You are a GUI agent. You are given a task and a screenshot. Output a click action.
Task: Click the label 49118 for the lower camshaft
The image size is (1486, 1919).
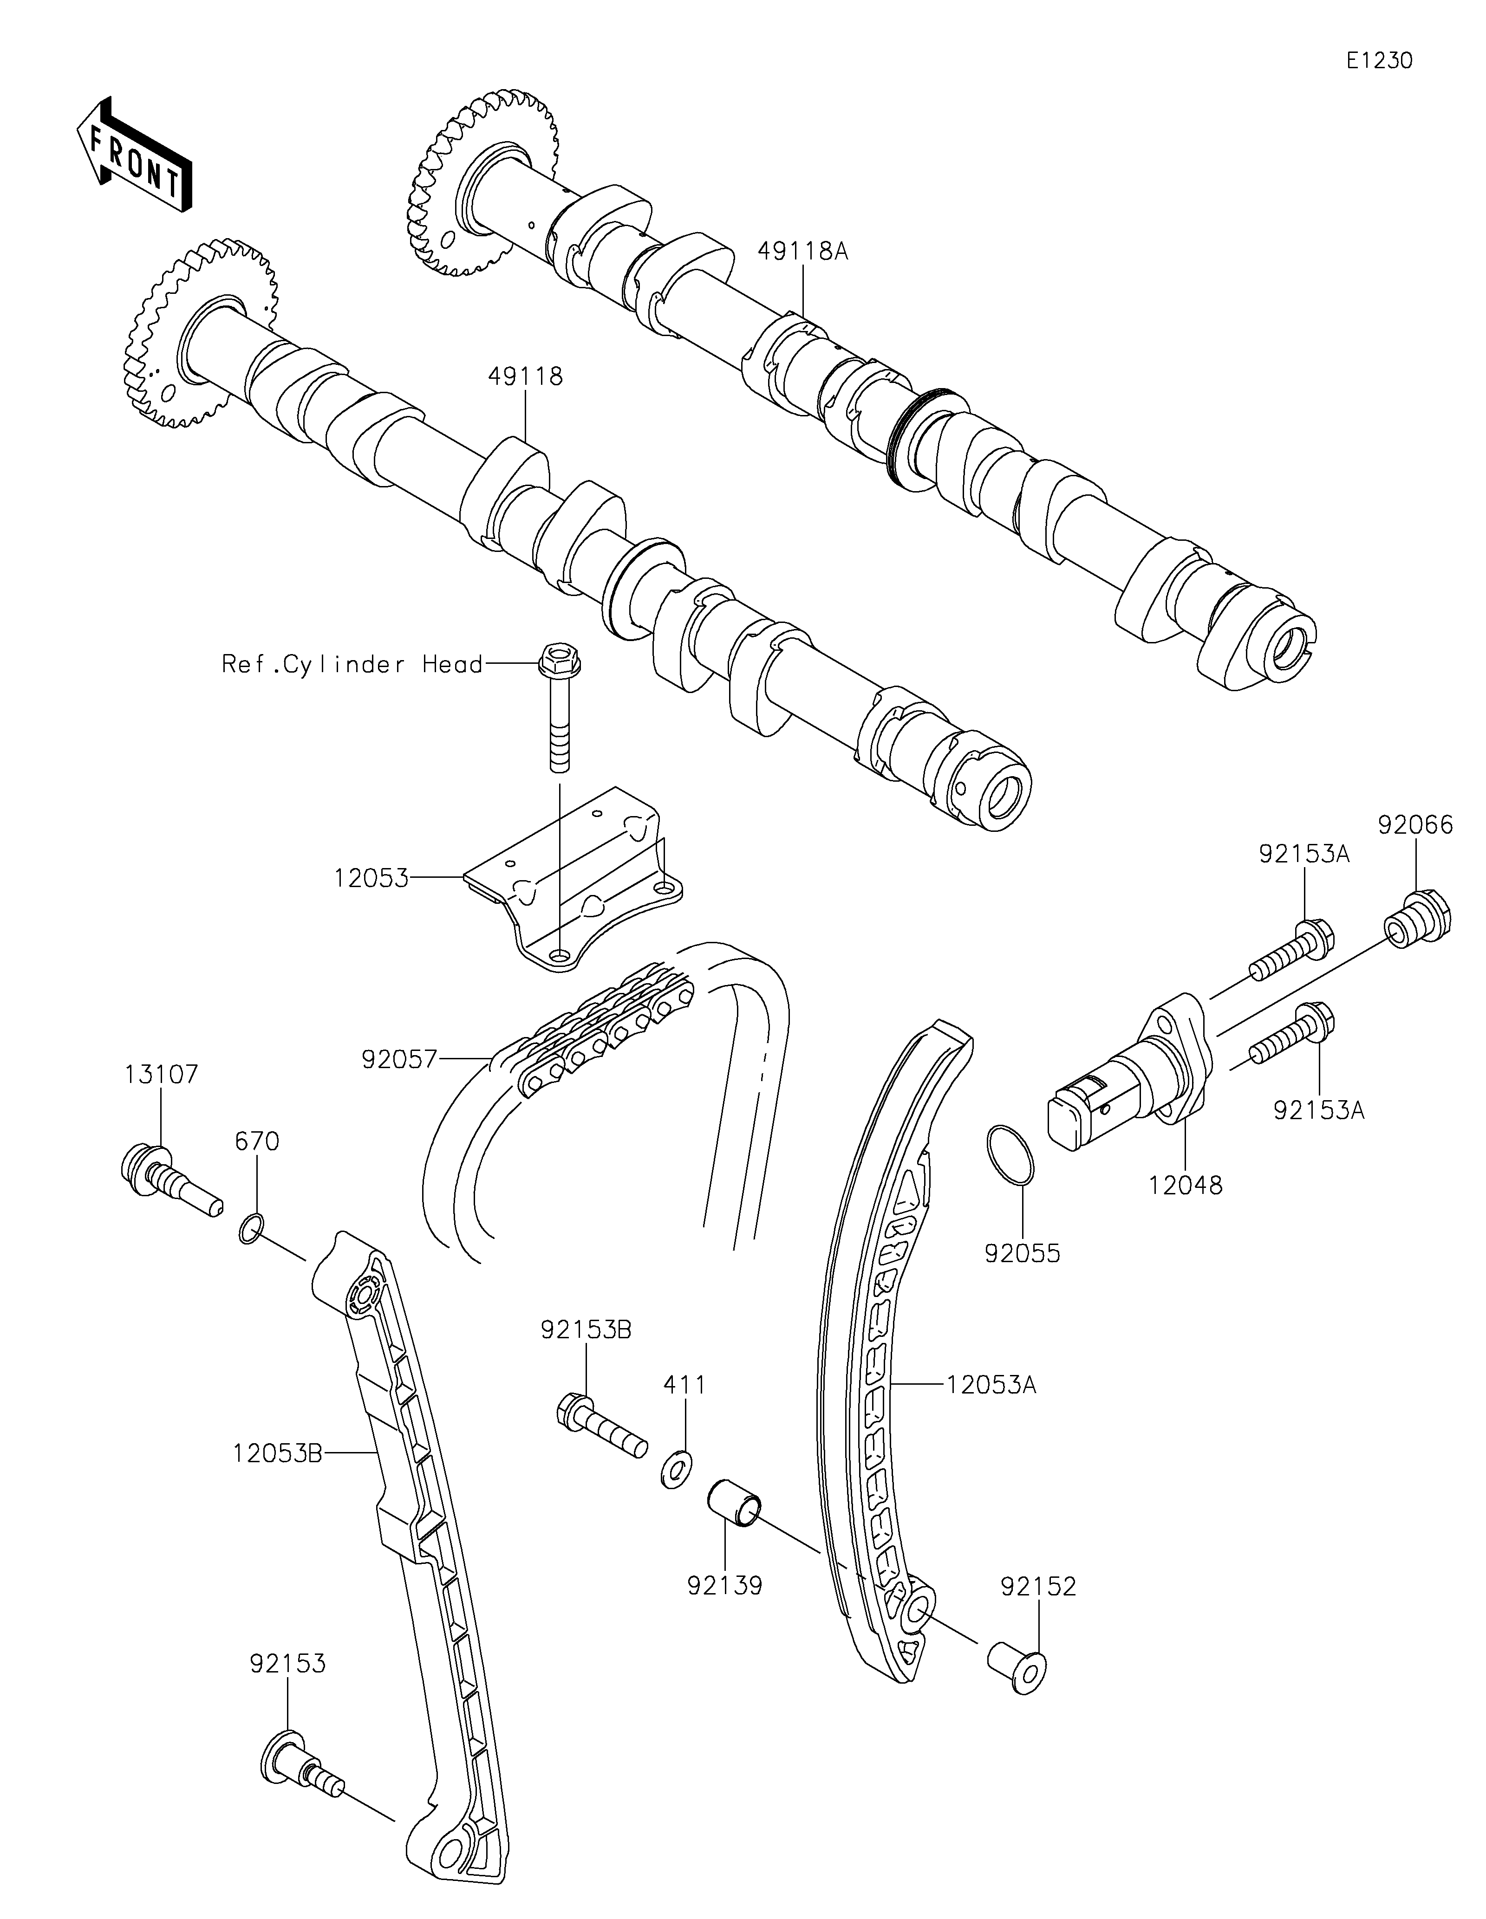(526, 377)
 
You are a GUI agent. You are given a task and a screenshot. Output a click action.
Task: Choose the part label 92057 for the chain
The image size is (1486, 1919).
(399, 1061)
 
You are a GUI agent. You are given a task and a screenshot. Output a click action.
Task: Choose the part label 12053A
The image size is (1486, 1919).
(991, 1386)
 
